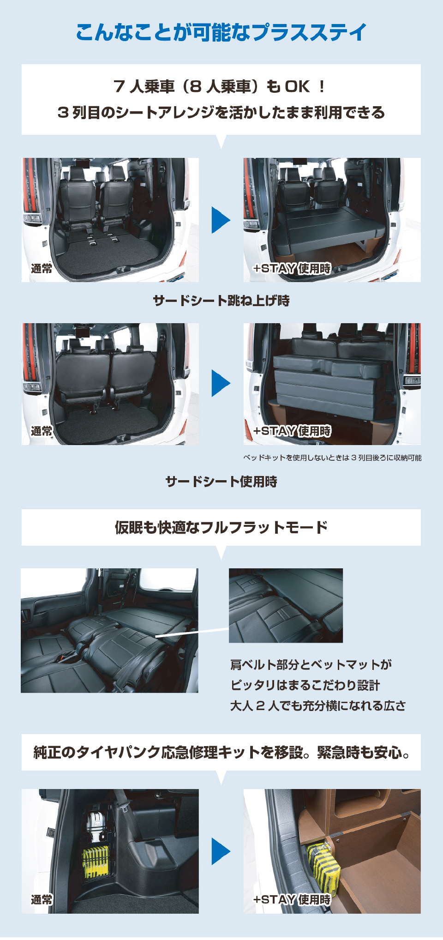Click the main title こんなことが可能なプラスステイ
tap(221, 33)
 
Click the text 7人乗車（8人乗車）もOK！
tap(221, 86)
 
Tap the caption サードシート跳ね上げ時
tap(221, 301)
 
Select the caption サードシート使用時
tap(221, 482)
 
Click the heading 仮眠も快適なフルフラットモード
tap(221, 527)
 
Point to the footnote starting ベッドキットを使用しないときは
tap(332, 458)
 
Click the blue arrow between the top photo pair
tap(221, 220)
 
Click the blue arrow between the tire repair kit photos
tap(221, 851)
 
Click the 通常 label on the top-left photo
tap(42, 268)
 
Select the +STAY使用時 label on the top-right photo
tap(292, 268)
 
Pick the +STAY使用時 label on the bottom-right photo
tap(292, 899)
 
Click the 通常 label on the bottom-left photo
tap(42, 899)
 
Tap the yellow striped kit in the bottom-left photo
tap(96, 862)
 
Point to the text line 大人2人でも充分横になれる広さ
tap(318, 705)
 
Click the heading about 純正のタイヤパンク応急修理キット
tap(221, 752)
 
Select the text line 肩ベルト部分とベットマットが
tap(311, 665)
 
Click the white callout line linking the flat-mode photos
tap(192, 632)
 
